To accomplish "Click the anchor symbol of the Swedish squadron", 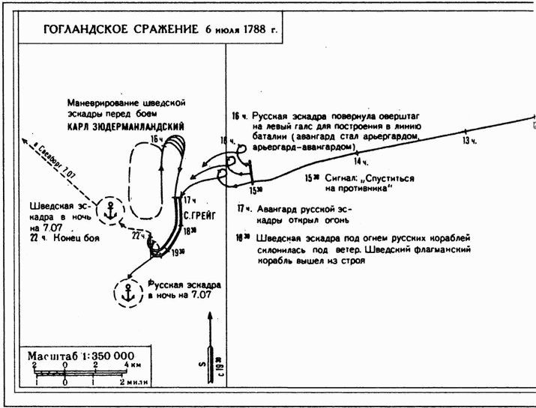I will (x=111, y=210).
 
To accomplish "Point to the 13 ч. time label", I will (x=469, y=141).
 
